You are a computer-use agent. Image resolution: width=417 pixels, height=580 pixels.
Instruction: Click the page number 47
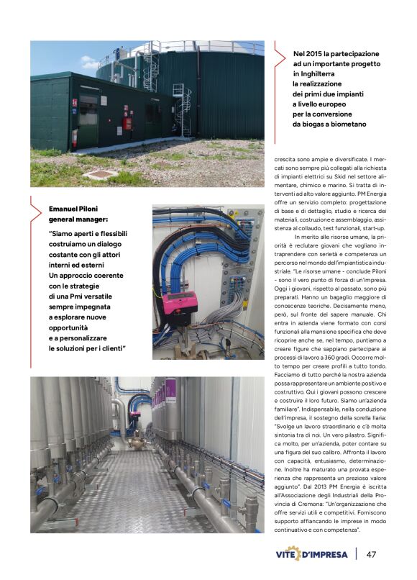click(372, 555)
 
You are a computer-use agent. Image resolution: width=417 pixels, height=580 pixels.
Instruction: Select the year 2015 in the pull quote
click(317, 54)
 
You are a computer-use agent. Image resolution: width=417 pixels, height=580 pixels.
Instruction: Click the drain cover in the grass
click(96, 174)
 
